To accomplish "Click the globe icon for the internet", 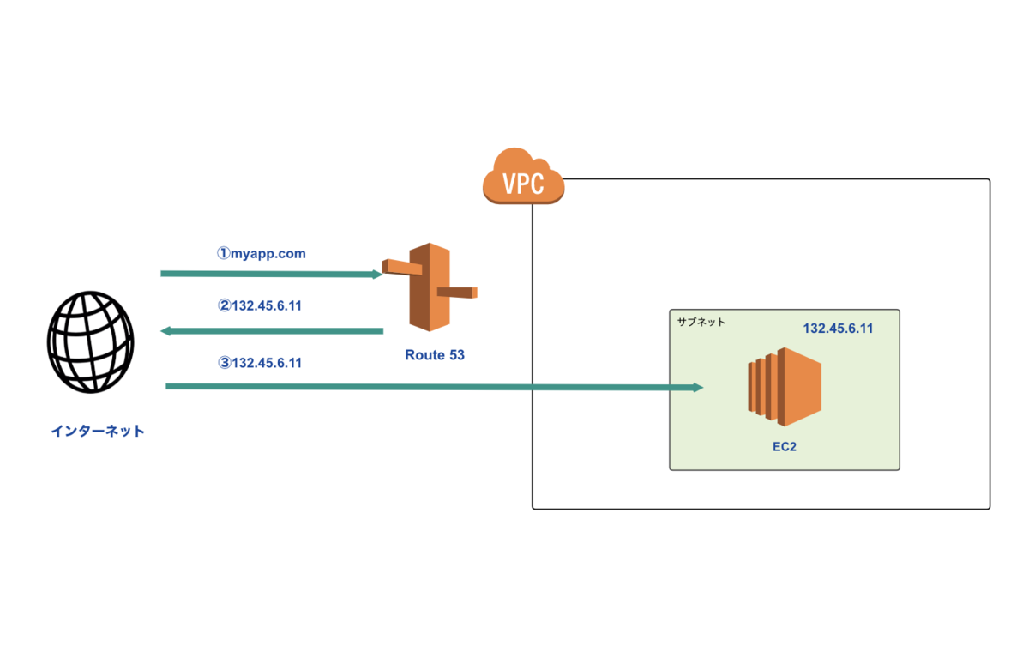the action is [91, 342].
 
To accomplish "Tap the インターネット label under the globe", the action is [98, 431].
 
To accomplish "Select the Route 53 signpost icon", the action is [430, 287].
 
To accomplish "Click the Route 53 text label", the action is [435, 354].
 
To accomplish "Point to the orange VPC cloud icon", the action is [523, 176].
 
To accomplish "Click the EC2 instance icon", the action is [785, 387].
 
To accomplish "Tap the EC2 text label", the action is [785, 447].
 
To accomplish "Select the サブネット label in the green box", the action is [701, 322].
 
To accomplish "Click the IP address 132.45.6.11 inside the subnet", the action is [838, 328].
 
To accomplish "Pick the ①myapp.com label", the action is [261, 253].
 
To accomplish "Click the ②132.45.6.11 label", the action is [260, 305].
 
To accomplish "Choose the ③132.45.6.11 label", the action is [260, 363].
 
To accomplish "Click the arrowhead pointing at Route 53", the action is [377, 275].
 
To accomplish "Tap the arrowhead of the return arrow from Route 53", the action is [165, 331].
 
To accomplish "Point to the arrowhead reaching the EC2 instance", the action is [698, 388].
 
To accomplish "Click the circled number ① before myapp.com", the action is [224, 253].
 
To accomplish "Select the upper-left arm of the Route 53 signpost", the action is [402, 267].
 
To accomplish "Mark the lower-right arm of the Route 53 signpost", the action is [457, 293].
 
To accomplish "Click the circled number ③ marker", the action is [224, 363].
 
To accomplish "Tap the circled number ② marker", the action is [224, 305].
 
